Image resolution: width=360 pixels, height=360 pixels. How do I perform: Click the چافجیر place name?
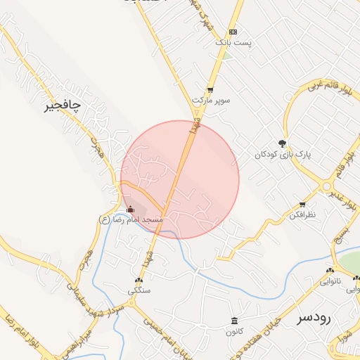pos(63,105)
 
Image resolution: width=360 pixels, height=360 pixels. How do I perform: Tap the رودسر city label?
pos(314,317)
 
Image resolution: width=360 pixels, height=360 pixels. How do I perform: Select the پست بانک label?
pos(233,43)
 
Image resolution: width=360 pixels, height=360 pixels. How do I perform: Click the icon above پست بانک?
pos(233,32)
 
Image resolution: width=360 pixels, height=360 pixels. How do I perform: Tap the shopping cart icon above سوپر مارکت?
pos(210,89)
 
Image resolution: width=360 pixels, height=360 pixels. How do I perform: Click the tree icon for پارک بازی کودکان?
pos(283,143)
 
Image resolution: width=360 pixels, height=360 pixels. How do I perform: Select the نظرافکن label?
pos(302,214)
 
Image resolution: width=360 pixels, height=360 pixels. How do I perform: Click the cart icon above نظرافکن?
pos(302,204)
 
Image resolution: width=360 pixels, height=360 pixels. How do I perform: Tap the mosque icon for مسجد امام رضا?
pos(130,209)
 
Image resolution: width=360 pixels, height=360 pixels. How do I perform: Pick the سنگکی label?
pos(139,290)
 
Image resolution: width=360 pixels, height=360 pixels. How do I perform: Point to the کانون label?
pos(233,330)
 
